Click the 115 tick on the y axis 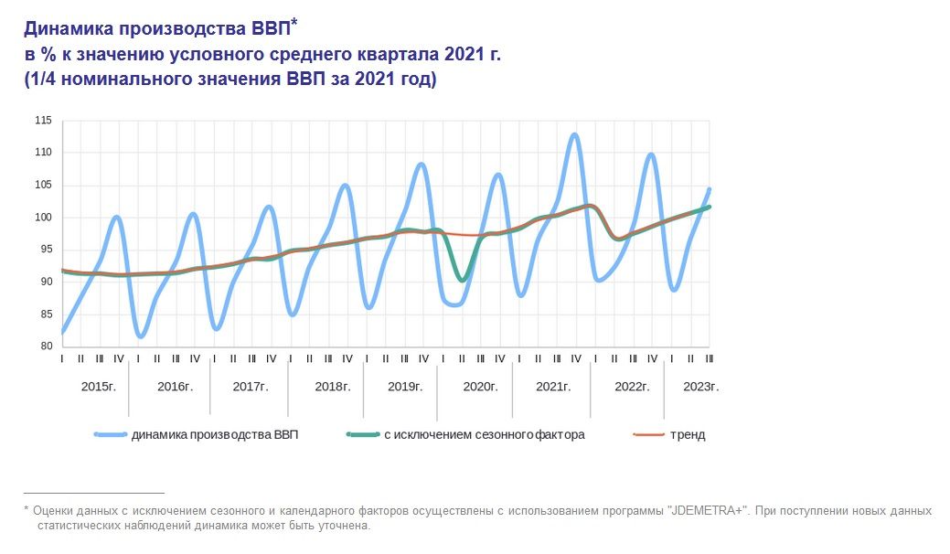pos(43,120)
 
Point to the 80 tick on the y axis pos(45,346)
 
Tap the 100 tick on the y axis pos(43,217)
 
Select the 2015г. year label pos(99,387)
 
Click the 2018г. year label pos(333,387)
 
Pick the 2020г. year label pos(479,387)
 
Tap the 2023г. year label pos(701,387)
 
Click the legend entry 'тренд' pos(687,435)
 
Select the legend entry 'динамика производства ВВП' pos(215,435)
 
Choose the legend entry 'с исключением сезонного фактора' pos(484,435)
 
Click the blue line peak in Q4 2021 pos(574,135)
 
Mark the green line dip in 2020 pos(463,280)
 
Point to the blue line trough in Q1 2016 pos(140,336)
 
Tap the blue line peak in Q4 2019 pos(422,165)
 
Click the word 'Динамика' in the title pos(70,27)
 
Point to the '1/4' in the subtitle pos(42,80)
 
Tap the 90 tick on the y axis pos(45,282)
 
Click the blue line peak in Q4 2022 pos(650,154)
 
